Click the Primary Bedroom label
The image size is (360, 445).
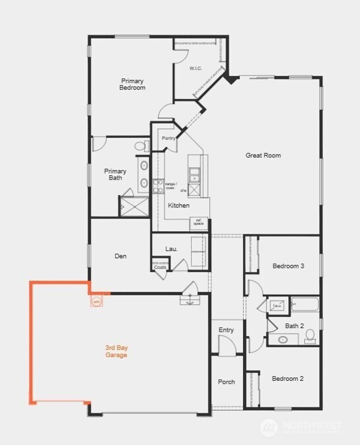[132, 84]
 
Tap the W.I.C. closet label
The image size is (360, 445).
[196, 68]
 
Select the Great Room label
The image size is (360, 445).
[263, 155]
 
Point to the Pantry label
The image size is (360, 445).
[168, 138]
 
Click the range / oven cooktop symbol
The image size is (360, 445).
[158, 186]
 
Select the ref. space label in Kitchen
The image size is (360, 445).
[199, 223]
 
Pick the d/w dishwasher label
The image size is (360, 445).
[183, 190]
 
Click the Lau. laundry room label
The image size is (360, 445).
[172, 249]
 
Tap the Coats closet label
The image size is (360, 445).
[160, 267]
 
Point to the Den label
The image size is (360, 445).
[121, 256]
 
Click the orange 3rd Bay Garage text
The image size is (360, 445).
[116, 351]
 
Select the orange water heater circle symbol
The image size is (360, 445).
[96, 301]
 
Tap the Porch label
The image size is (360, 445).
[226, 382]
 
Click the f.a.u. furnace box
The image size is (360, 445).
[278, 306]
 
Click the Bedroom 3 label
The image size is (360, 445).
[288, 266]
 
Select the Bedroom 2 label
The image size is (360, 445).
[288, 379]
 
